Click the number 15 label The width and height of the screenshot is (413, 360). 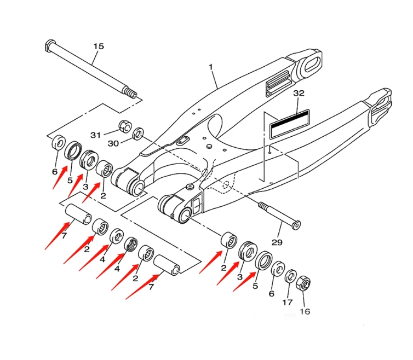[x=98, y=46]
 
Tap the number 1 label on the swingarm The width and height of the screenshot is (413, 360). [x=211, y=67]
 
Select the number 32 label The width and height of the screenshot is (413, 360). [x=298, y=93]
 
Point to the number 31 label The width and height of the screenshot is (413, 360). [x=96, y=135]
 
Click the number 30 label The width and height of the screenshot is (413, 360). [x=113, y=143]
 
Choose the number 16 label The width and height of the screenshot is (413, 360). [x=305, y=312]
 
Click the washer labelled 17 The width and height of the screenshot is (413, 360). [x=291, y=275]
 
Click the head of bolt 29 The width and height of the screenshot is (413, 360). [x=296, y=224]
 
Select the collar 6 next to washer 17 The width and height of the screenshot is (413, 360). [x=278, y=269]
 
